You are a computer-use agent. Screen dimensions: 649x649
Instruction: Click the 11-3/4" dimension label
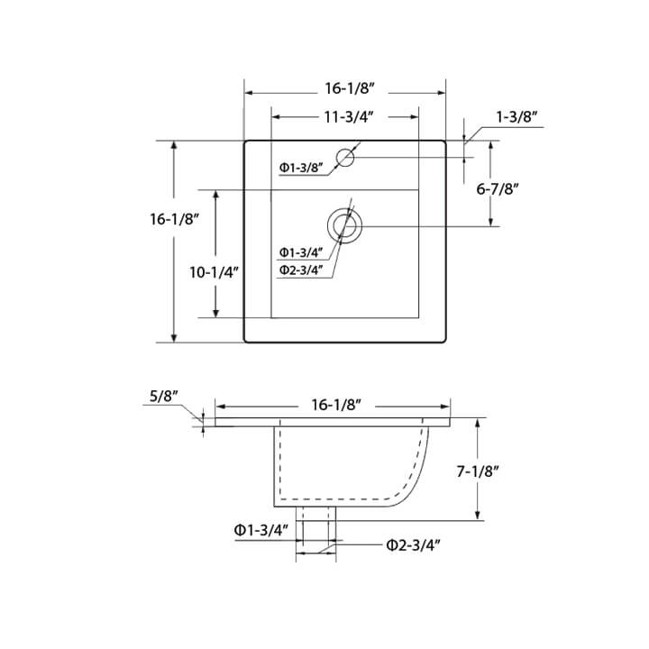tap(345, 117)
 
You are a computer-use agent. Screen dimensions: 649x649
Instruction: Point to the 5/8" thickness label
tap(163, 394)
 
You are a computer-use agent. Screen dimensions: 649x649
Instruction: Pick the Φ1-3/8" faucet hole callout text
tap(301, 168)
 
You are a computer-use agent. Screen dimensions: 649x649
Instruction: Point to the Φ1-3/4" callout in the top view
tap(301, 252)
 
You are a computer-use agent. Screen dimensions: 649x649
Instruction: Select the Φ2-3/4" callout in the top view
tap(301, 270)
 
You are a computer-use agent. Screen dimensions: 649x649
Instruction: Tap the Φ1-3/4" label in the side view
tap(261, 530)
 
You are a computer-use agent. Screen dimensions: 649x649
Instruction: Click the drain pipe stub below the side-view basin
tap(315, 523)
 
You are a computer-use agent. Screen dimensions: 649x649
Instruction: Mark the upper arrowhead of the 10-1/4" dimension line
tap(216, 194)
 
